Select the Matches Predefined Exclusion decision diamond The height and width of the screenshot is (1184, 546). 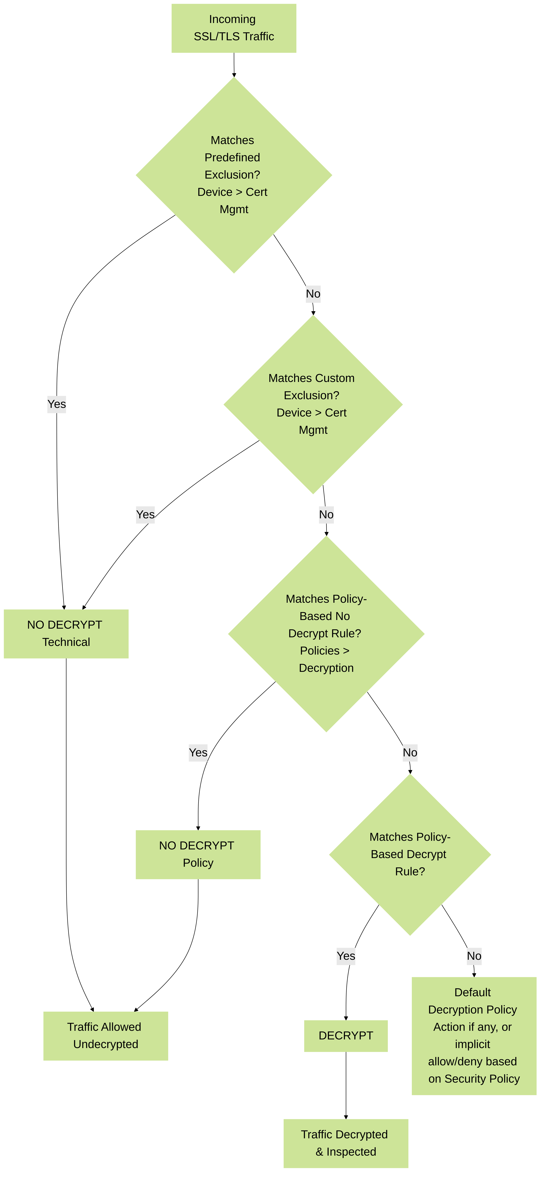(x=234, y=175)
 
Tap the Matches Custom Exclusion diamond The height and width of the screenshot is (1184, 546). (x=313, y=405)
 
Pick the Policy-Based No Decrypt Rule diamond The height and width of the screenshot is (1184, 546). (x=326, y=634)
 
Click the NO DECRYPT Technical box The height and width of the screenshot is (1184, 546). (x=66, y=634)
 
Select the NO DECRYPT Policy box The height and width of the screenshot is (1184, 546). (x=198, y=854)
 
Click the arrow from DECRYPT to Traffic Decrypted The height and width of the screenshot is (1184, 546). (x=346, y=1085)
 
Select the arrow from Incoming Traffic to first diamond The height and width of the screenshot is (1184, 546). (x=234, y=65)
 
